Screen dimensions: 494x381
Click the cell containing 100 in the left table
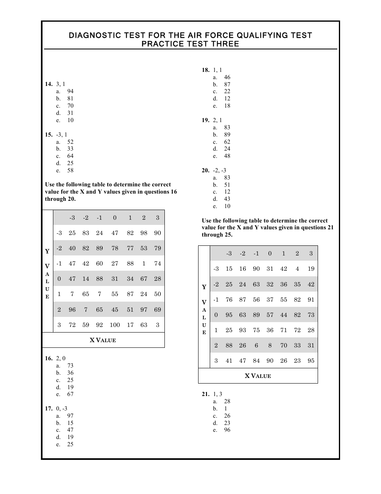pyautogui.click(x=115, y=325)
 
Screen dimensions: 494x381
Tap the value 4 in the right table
pyautogui.click(x=297, y=269)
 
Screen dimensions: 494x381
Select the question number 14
pyautogui.click(x=49, y=84)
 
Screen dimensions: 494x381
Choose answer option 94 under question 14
pyautogui.click(x=70, y=92)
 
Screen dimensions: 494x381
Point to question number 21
pyautogui.click(x=205, y=394)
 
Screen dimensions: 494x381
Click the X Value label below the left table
pyautogui.click(x=103, y=340)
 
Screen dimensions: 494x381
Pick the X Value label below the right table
pyautogui.click(x=258, y=376)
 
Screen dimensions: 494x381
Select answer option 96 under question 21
pyautogui.click(x=227, y=430)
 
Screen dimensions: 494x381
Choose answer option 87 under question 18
pyautogui.click(x=227, y=85)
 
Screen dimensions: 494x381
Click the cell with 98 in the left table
pyautogui.click(x=144, y=233)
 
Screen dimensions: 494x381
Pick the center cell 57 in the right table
pyautogui.click(x=270, y=315)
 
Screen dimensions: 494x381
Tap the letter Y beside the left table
pyautogui.click(x=47, y=251)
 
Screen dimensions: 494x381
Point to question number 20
pyautogui.click(x=205, y=171)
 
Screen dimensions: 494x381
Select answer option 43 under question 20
pyautogui.click(x=227, y=199)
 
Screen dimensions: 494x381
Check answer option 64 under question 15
pyautogui.click(x=70, y=156)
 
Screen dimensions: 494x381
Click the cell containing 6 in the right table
pyautogui.click(x=256, y=345)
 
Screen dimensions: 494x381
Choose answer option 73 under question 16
pyautogui.click(x=70, y=366)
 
